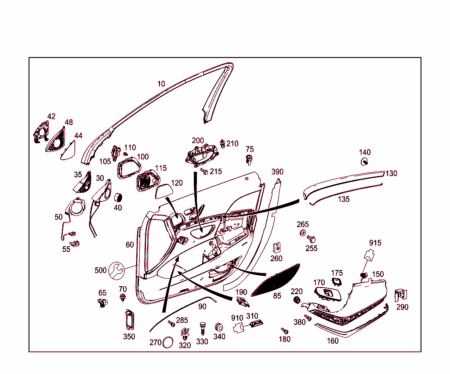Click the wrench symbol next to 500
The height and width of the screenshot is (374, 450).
(117, 270)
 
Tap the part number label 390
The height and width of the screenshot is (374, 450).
(277, 172)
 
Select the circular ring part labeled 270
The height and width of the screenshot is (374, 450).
(167, 342)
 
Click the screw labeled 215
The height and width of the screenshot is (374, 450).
(204, 171)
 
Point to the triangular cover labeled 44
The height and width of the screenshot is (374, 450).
(68, 150)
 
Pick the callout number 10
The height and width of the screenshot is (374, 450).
(161, 84)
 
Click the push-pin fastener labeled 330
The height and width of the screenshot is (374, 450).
(203, 328)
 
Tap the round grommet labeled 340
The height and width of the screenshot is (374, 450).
(219, 327)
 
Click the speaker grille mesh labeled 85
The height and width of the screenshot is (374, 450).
(276, 280)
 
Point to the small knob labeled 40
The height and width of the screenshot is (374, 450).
(118, 198)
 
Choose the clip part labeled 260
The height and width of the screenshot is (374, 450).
(276, 248)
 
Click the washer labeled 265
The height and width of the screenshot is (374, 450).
(302, 233)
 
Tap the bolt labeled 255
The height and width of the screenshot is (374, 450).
(311, 239)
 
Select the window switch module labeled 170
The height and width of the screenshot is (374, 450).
(327, 294)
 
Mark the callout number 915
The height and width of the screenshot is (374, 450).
(375, 243)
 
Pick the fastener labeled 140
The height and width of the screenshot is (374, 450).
(364, 162)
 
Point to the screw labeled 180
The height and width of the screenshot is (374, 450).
(284, 331)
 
